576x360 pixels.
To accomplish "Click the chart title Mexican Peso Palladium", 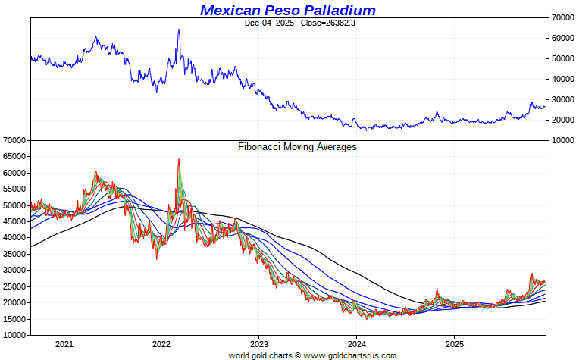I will (x=288, y=10).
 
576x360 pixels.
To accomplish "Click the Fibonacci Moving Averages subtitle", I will (x=297, y=147).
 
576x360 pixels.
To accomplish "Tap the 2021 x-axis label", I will (x=64, y=343).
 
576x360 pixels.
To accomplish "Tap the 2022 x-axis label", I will (x=161, y=343).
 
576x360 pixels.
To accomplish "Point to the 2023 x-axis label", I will (x=259, y=343).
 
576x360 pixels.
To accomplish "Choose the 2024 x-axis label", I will (x=357, y=343).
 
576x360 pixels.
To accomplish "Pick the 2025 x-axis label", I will (x=454, y=343).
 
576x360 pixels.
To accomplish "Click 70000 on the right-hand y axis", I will (x=560, y=17).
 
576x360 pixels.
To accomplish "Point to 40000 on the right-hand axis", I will (x=560, y=79).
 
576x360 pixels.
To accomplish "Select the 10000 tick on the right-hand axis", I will (x=560, y=141).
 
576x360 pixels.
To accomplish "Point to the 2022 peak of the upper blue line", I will (x=179, y=30).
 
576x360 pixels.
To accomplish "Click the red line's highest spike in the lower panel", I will (x=179, y=159).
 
